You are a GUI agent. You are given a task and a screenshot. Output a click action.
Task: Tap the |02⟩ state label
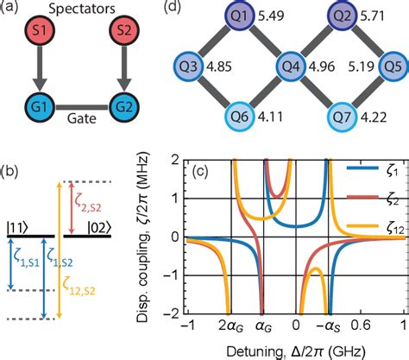[x=122, y=205]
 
